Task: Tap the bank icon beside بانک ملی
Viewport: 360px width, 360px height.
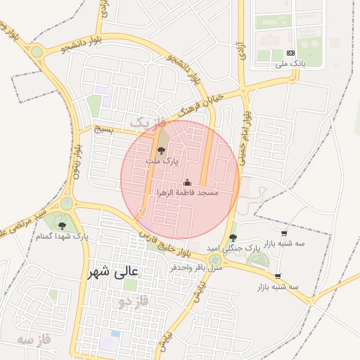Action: (x=291, y=53)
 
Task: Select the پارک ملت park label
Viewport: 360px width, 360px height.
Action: (x=162, y=162)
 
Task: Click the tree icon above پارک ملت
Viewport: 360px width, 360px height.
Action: (x=161, y=150)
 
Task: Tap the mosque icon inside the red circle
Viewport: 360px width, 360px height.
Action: (x=187, y=182)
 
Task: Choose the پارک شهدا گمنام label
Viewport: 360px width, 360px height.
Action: (x=63, y=237)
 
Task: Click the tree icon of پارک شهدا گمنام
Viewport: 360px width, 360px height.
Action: (x=63, y=226)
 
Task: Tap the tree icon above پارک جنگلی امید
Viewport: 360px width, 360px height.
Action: (x=233, y=237)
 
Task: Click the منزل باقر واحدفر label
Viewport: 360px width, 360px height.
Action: (x=196, y=268)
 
